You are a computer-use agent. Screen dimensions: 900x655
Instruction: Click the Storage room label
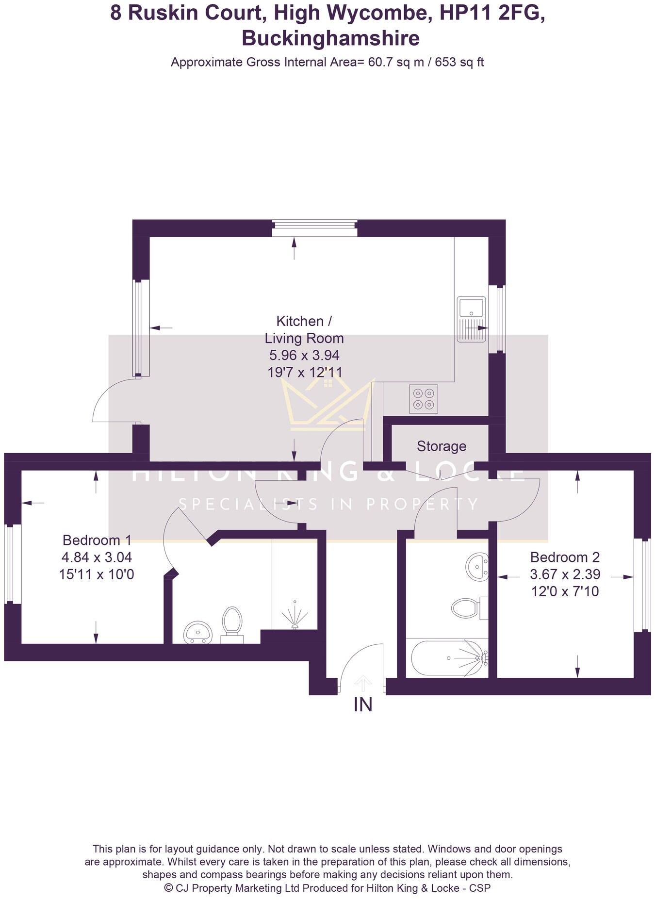(x=441, y=446)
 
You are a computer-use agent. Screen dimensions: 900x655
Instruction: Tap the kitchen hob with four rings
(x=424, y=399)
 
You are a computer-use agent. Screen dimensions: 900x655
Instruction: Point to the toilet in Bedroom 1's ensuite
(x=232, y=623)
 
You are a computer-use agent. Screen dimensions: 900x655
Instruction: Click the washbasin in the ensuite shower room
(x=198, y=632)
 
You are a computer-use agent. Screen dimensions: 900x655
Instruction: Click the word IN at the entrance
(x=363, y=704)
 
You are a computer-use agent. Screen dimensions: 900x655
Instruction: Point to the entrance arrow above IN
(x=362, y=683)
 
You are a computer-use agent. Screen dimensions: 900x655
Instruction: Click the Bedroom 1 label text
(x=97, y=540)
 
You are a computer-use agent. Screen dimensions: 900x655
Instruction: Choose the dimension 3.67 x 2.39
(x=565, y=574)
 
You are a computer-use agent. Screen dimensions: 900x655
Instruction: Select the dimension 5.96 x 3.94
(x=304, y=355)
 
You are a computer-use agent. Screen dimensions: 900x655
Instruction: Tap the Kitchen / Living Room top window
(x=314, y=228)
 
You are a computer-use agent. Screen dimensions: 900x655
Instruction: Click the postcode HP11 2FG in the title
(x=491, y=13)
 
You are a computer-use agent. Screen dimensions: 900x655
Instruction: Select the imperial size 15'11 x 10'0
(x=97, y=575)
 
